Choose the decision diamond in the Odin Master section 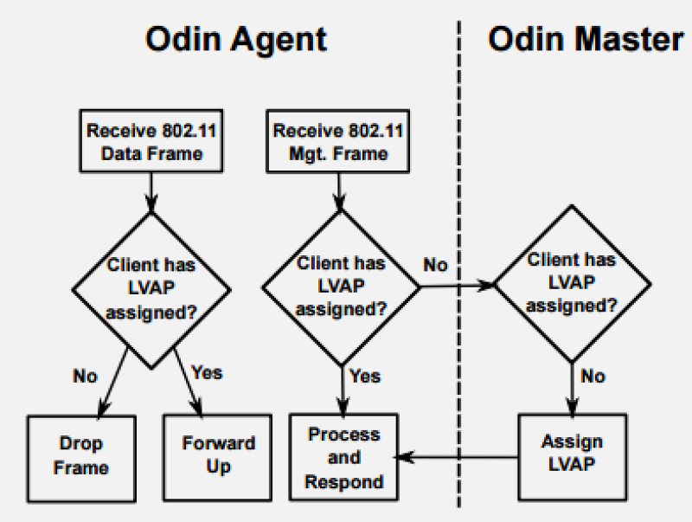[x=572, y=283]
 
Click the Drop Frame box [x=81, y=456]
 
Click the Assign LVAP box [x=572, y=454]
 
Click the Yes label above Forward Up [x=206, y=373]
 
